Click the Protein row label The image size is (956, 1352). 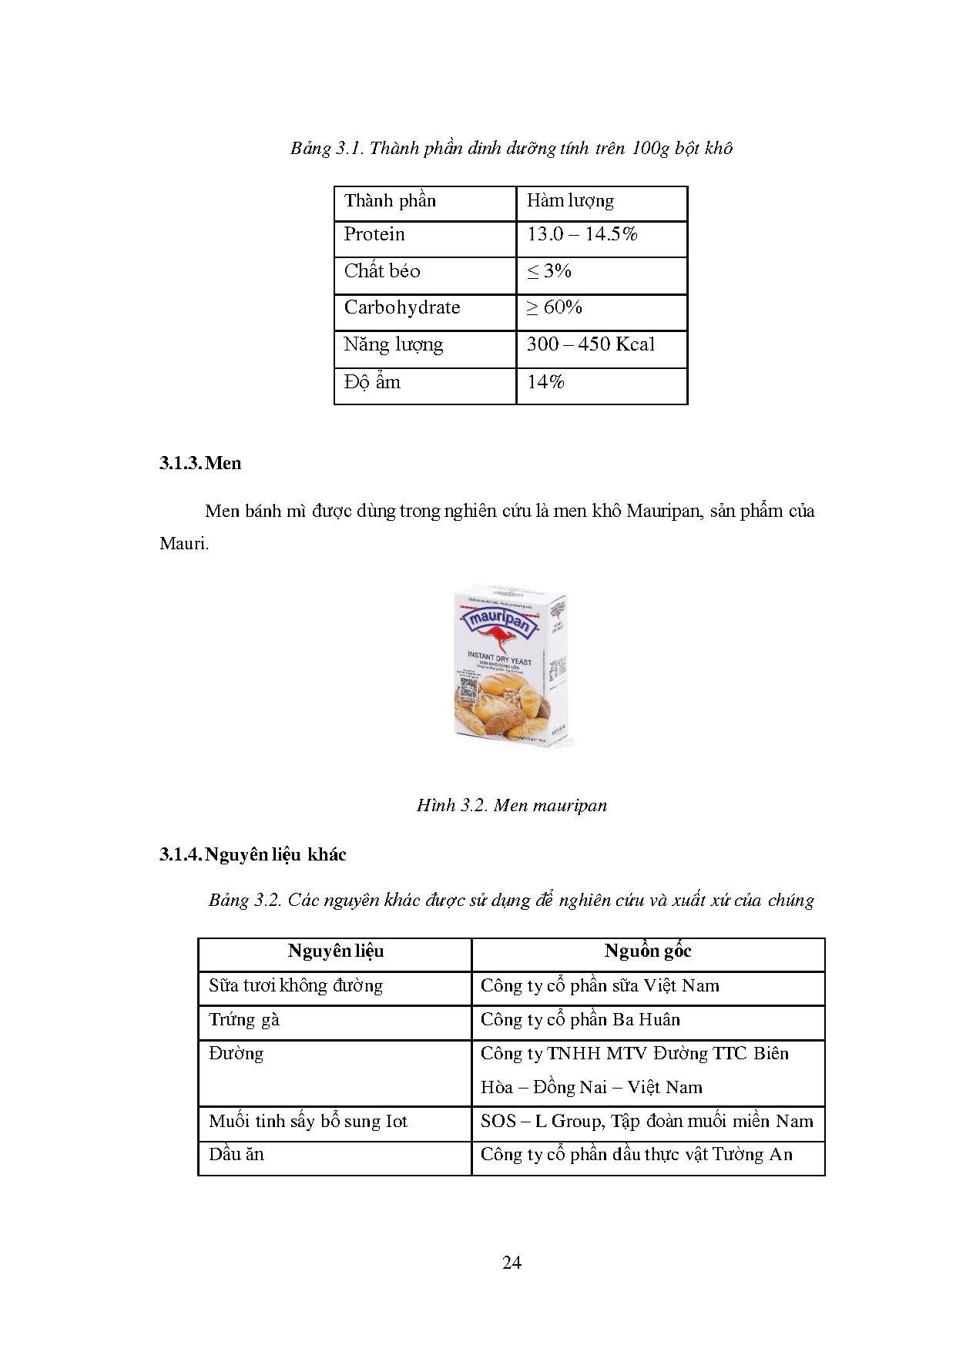pos(374,234)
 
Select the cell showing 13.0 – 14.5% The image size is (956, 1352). pos(582,234)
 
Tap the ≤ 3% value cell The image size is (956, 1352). pos(548,271)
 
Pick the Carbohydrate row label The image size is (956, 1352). pos(402,307)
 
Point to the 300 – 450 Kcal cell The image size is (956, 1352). pos(590,344)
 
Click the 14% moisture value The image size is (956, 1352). pos(545,382)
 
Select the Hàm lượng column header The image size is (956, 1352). pos(570,201)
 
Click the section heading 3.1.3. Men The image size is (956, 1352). pos(200,463)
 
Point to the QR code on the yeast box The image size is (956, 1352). pos(468,687)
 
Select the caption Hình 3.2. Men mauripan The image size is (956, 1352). pos(512,805)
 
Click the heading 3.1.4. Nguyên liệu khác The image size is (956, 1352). pos(253,854)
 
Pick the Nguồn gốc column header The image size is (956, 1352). pos(647,951)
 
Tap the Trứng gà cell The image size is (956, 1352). pos(244,1020)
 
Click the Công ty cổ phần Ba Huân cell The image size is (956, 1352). pos(580,1020)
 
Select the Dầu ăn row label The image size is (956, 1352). pos(236,1154)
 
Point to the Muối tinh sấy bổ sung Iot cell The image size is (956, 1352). pos(307,1121)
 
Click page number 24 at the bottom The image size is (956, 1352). pos(512,1263)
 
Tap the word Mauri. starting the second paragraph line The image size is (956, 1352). pos(184,543)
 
